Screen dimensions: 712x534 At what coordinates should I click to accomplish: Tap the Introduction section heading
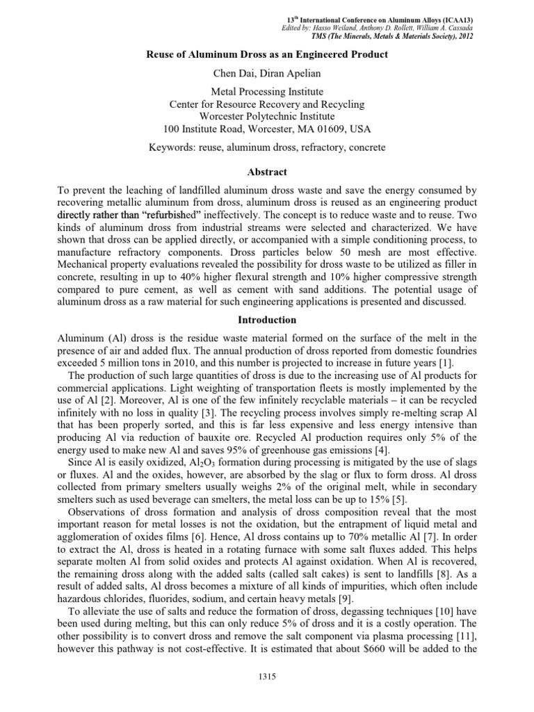coord(267,320)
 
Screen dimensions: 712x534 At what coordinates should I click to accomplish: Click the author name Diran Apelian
coord(286,72)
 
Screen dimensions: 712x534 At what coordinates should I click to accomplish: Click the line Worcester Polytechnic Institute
coord(267,116)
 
